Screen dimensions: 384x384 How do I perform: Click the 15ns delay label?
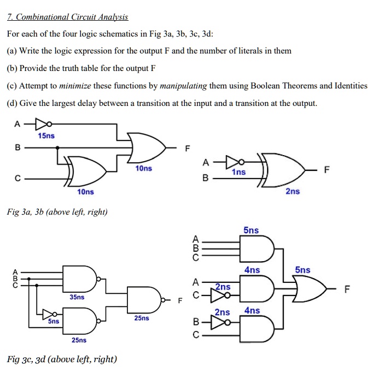click(x=46, y=135)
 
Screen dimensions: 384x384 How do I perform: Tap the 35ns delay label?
click(x=77, y=297)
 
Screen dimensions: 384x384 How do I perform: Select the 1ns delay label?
click(x=238, y=172)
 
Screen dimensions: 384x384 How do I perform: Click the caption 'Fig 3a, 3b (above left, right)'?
click(x=57, y=211)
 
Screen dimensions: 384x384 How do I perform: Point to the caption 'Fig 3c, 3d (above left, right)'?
click(x=61, y=359)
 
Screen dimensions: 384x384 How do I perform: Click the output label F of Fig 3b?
click(x=327, y=169)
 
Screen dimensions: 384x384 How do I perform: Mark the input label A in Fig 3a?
click(x=18, y=124)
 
